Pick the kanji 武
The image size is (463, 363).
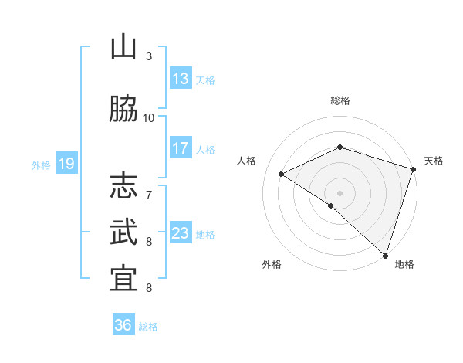coord(123,232)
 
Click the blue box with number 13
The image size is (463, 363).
coord(181,79)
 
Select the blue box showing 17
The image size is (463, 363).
coord(181,149)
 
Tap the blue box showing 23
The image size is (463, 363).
coord(181,234)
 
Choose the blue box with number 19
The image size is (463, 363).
coord(66,164)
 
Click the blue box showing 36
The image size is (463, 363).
coord(123,326)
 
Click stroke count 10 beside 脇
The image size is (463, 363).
coord(149,118)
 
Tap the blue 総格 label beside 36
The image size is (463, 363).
coord(148,327)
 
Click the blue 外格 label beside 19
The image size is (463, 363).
coord(41,165)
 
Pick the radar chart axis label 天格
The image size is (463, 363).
coord(434,161)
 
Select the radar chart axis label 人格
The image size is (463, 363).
coord(247,161)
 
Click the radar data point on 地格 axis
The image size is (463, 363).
coord(385,255)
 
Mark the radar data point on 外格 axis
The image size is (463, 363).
coord(331,205)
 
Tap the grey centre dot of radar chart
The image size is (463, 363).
coord(340,193)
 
